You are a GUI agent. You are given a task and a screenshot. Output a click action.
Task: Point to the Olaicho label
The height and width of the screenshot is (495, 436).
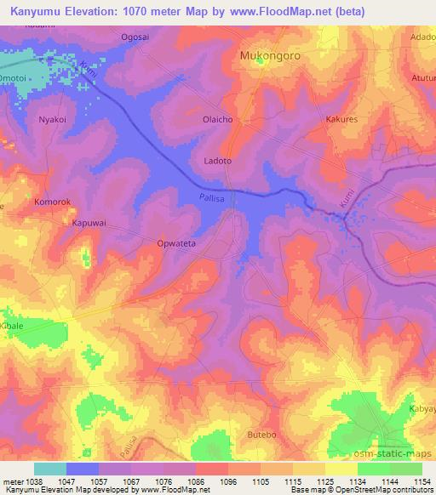click(x=217, y=120)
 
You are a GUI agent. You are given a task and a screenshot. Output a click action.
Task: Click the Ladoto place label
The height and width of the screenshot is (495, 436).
click(x=219, y=160)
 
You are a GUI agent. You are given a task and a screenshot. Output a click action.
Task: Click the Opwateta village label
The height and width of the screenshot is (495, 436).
click(x=176, y=242)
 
